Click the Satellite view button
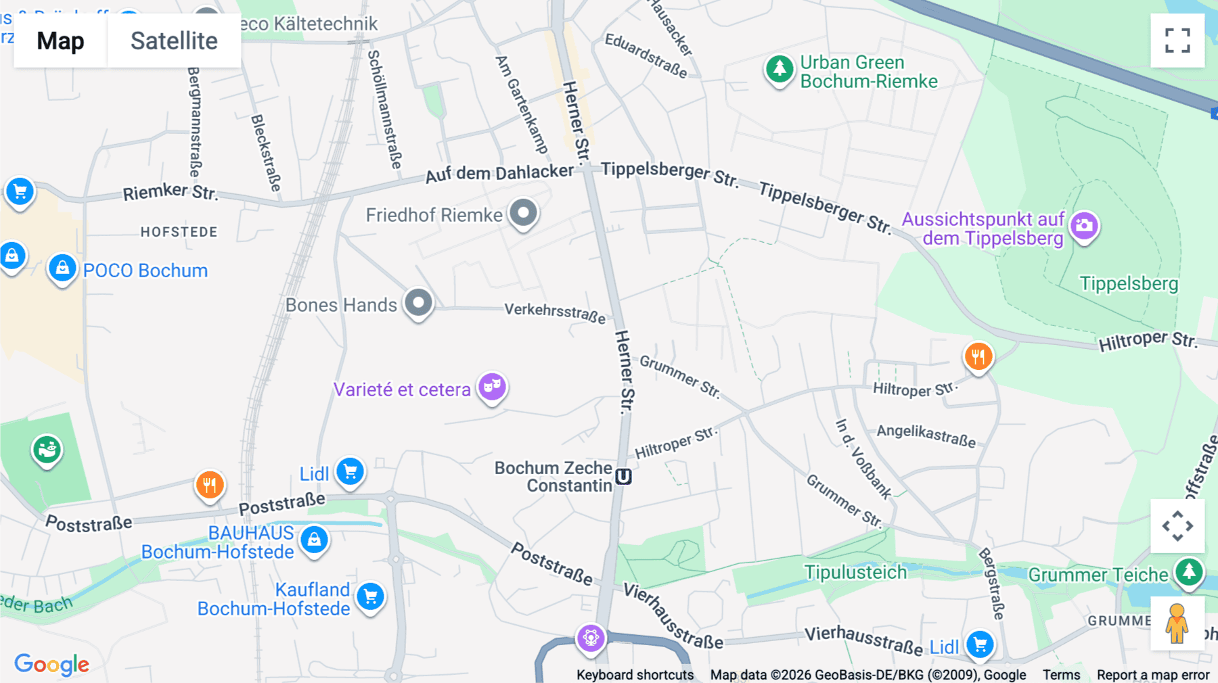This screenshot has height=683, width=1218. click(x=174, y=41)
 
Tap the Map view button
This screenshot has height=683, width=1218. click(x=60, y=41)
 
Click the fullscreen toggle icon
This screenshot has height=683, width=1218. click(x=1177, y=41)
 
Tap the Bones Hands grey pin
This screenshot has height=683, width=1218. click(x=418, y=303)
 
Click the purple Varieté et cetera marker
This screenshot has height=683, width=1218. click(x=492, y=387)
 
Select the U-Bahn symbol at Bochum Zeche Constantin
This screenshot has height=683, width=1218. click(x=623, y=477)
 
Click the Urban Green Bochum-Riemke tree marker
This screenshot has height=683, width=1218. click(x=780, y=68)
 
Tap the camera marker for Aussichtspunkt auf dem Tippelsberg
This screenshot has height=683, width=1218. click(x=1084, y=226)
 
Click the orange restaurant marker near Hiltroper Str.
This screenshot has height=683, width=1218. click(x=978, y=356)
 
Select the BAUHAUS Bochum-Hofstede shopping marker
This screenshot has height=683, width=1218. click(x=314, y=540)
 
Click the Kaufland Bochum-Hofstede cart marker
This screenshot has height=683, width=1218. click(x=370, y=597)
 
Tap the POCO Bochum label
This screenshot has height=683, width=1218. click(x=145, y=270)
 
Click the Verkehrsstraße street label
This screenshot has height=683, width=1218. click(x=555, y=312)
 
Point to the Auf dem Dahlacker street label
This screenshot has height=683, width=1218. click(x=499, y=173)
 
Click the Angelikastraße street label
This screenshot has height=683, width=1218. click(x=926, y=435)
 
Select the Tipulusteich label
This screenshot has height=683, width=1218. click(x=855, y=572)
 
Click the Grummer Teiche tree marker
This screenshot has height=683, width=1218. click(x=1189, y=571)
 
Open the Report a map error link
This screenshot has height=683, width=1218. click(x=1152, y=675)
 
